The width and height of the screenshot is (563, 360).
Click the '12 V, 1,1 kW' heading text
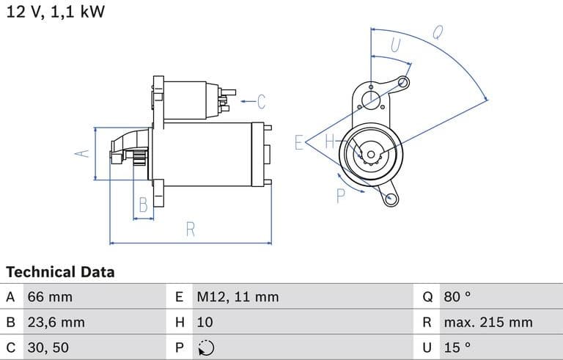tap(56, 12)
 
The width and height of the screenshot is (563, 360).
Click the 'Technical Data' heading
tap(60, 272)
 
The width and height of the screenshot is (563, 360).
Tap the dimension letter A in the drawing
tap(83, 153)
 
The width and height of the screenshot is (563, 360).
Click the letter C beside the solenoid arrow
tap(261, 101)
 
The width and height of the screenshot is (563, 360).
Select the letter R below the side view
tap(190, 229)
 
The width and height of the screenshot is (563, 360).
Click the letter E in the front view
tap(298, 142)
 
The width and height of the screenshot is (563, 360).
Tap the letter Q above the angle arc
tap(438, 32)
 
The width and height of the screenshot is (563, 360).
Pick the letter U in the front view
tap(396, 45)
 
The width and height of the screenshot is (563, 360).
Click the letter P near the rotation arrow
tap(341, 195)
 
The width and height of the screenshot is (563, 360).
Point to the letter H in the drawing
tap(329, 142)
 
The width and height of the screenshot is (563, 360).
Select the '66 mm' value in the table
tap(50, 297)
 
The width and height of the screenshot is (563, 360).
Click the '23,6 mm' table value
tap(56, 322)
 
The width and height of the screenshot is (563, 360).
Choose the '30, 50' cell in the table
tap(50, 347)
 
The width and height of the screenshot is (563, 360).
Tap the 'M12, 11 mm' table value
tap(238, 297)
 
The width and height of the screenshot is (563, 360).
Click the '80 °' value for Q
tap(457, 297)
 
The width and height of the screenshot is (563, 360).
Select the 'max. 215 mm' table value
tap(487, 322)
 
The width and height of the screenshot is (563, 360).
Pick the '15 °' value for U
tap(456, 347)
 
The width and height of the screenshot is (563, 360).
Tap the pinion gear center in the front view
tap(371, 154)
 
